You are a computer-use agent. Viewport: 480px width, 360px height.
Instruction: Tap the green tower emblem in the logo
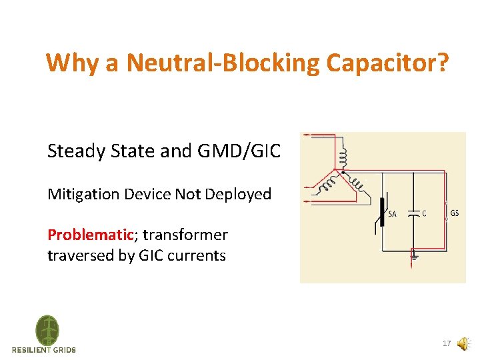coord(47,330)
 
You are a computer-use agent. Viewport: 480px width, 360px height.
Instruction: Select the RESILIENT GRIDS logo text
coord(44,350)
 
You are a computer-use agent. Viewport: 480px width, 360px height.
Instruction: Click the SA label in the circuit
coord(392,214)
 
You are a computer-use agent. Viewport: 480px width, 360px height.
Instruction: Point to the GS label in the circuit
coord(455,213)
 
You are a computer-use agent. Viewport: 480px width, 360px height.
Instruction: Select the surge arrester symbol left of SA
coord(382,212)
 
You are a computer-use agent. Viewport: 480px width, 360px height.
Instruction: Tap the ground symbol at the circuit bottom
coord(414,254)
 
